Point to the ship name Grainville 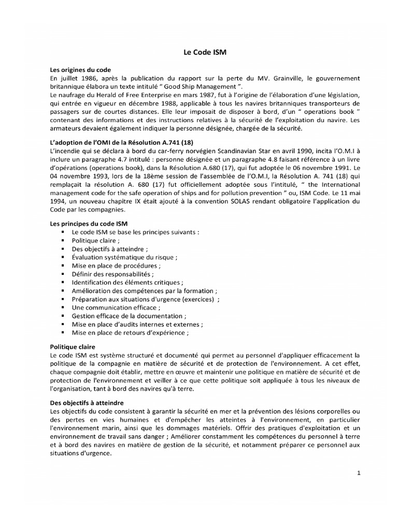pos(297,78)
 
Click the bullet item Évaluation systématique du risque pos(124,257)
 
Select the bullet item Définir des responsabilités pos(112,274)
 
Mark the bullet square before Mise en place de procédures pos(63,266)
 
